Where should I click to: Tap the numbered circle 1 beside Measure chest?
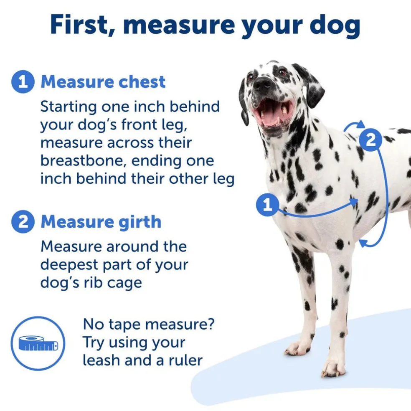pos(23,82)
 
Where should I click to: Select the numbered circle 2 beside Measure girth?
pos(23,222)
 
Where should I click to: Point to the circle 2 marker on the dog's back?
pos(370,140)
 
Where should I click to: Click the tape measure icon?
pos(38,343)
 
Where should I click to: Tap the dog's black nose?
pos(263,83)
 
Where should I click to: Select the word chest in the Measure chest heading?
pos(142,82)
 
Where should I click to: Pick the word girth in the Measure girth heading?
pos(140,222)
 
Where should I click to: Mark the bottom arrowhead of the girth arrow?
pos(362,243)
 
